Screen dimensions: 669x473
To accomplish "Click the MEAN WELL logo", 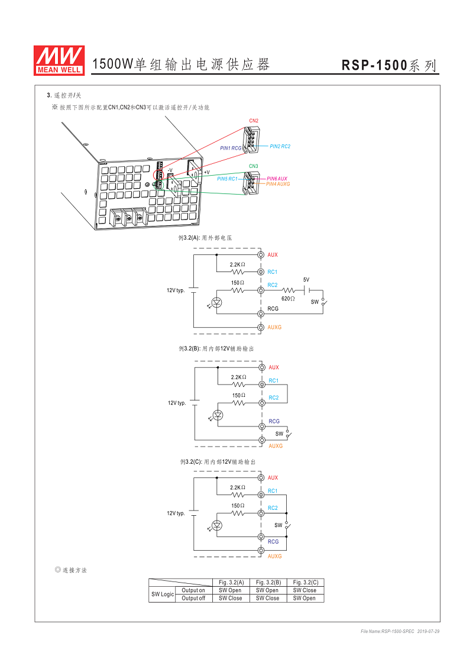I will coord(60,60).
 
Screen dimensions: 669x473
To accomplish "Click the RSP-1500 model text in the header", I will coord(374,66).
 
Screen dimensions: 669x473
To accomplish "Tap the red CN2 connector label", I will coord(253,121).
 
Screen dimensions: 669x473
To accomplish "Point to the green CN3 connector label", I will coord(253,166).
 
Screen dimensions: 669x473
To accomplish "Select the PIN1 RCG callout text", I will coord(231,148).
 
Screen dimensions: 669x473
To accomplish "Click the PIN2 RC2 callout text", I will coord(280,146).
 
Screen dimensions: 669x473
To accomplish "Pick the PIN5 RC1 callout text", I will coord(227,179).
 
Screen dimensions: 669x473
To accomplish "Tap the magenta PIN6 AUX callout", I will coord(277,179).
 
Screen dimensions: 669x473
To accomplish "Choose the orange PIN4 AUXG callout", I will coord(278,184).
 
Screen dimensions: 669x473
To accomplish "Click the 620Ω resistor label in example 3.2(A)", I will coord(288,299).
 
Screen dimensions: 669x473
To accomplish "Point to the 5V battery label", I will coord(306,279).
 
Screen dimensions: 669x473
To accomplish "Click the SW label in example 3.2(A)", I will coord(315,302).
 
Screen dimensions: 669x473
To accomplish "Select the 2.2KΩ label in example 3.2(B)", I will coord(238,377).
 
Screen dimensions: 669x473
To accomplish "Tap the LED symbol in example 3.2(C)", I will coord(218,525).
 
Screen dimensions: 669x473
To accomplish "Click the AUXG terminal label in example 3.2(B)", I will coord(276,445).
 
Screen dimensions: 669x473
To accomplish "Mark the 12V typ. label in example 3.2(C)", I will coord(176,513).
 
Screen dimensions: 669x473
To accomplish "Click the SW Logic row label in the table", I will coord(163,594).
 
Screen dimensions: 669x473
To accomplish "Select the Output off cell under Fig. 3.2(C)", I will coord(305,598).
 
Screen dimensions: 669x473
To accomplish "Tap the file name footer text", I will coord(400,632).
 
